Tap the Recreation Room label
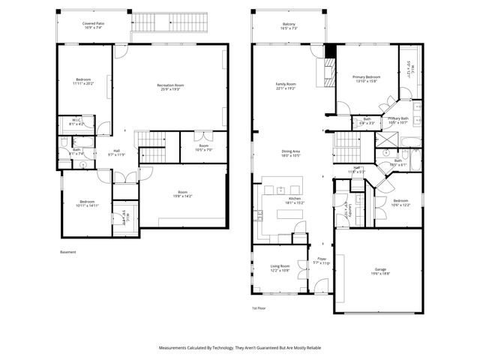click(171, 88)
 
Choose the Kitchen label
click(294, 200)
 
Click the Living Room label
click(280, 268)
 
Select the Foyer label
click(321, 261)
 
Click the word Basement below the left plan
click(67, 252)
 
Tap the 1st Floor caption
click(259, 308)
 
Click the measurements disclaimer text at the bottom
click(239, 348)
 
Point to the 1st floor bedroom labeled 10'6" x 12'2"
click(401, 202)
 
